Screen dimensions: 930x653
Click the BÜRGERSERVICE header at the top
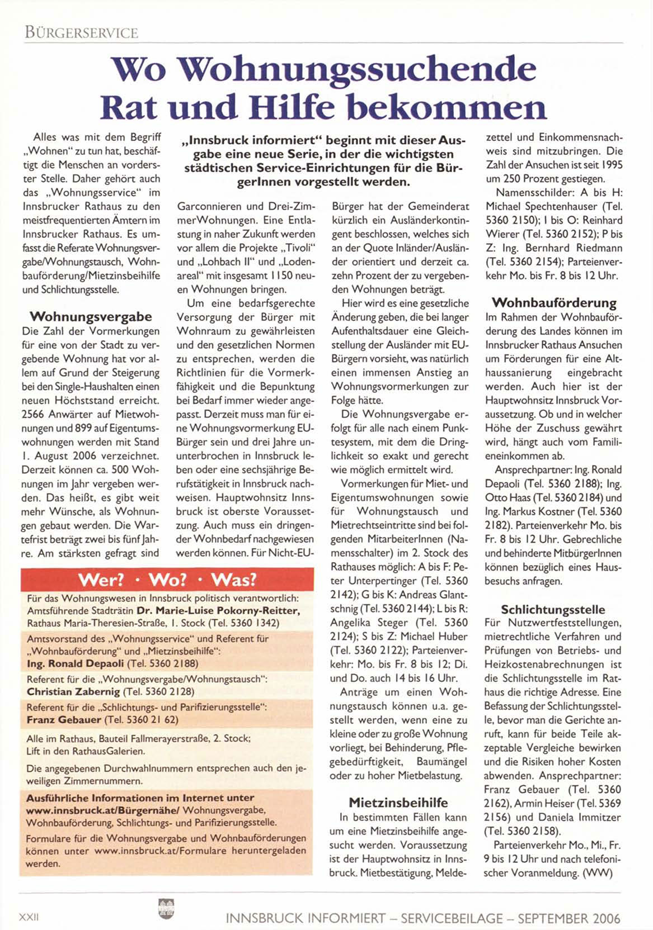click(82, 33)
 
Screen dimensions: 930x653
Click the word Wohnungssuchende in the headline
click(359, 70)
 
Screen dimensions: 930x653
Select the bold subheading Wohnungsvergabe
click(91, 317)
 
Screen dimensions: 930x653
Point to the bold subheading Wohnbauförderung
click(554, 303)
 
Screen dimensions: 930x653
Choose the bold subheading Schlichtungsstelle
click(553, 610)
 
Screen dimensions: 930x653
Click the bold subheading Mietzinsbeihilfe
click(398, 803)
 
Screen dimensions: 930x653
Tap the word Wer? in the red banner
click(101, 580)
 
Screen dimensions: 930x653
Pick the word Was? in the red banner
click(233, 580)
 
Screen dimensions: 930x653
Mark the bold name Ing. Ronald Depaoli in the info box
click(76, 664)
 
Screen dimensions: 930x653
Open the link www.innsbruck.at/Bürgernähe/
click(103, 810)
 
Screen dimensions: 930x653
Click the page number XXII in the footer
click(29, 917)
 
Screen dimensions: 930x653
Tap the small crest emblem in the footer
click(166, 909)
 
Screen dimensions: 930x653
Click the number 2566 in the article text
click(33, 414)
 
